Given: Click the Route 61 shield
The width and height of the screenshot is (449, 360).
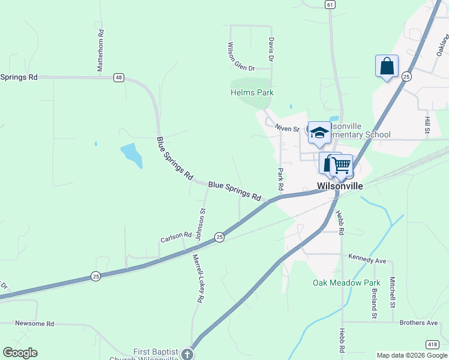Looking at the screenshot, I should (x=330, y=4).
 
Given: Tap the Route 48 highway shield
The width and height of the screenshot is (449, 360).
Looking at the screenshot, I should (x=119, y=77).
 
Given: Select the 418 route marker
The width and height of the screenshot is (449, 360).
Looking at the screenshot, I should (x=432, y=344).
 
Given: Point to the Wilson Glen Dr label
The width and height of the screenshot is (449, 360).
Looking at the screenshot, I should (x=241, y=56).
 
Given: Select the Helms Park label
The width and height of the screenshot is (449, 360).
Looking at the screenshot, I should (x=252, y=92).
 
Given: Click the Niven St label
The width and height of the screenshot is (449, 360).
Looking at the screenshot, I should (x=287, y=128).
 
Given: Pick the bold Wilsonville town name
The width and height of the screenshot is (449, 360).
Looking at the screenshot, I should (x=340, y=186).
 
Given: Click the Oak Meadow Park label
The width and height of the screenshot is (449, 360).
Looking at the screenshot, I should (x=347, y=282).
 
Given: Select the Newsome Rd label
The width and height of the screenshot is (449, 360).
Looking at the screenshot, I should (x=34, y=323).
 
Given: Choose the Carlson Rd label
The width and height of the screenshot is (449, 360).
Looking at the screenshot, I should (x=175, y=238).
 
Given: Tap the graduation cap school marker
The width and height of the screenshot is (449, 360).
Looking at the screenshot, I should (x=319, y=132).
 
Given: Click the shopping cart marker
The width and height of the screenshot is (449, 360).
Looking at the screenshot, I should (x=341, y=164).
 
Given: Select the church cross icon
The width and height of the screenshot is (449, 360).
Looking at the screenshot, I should (x=188, y=353).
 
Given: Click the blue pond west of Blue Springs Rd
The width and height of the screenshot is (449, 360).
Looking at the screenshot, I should (x=131, y=155).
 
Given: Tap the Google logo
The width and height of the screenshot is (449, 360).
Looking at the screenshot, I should (x=20, y=353).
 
